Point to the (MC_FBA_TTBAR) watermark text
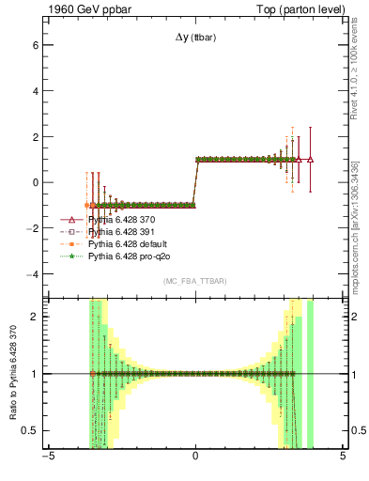(194, 281)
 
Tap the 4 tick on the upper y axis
(34, 91)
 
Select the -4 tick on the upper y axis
(31, 274)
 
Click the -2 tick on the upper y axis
(31, 228)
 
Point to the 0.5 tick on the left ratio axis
(28, 430)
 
